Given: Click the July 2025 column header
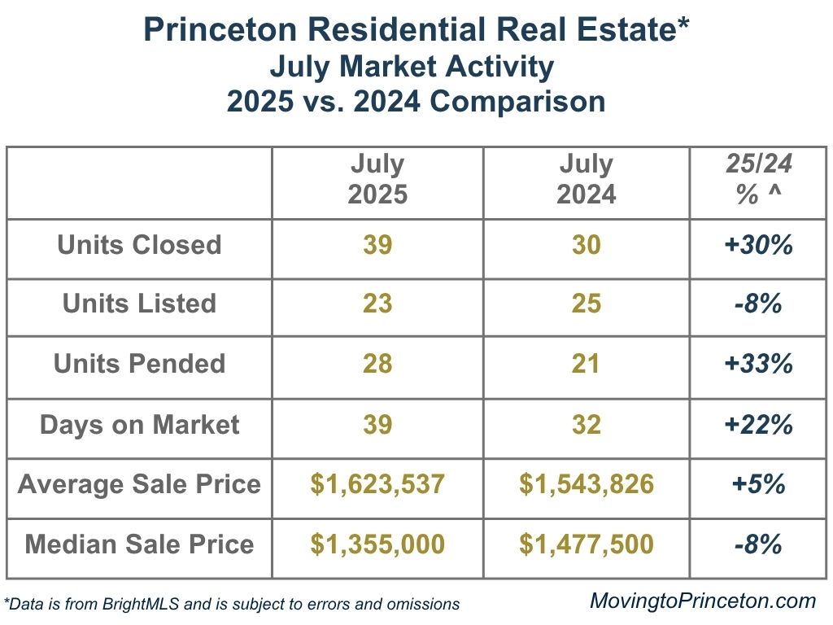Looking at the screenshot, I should (377, 180).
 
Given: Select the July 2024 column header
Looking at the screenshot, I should (586, 180).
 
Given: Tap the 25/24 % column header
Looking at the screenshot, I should (758, 180).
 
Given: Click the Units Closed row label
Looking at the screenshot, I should (139, 245).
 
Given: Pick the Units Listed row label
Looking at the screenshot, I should (139, 304).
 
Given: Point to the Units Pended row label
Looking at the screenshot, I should (139, 363).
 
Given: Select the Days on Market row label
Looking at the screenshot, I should (139, 424).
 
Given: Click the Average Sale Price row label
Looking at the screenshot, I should (139, 484).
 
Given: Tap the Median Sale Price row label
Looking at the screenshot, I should (139, 544).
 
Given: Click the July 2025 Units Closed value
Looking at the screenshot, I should (377, 245).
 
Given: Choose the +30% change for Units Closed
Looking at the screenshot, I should (758, 245).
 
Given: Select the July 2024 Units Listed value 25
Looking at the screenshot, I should (586, 304).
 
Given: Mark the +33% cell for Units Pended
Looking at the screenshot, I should (758, 363).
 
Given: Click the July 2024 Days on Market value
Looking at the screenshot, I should (586, 424).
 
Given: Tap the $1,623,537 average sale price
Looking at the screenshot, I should (377, 484).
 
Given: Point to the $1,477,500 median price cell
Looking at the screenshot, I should (586, 544).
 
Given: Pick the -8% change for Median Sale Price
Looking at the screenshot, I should (758, 544).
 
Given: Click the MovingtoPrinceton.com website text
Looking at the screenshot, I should (702, 601).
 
